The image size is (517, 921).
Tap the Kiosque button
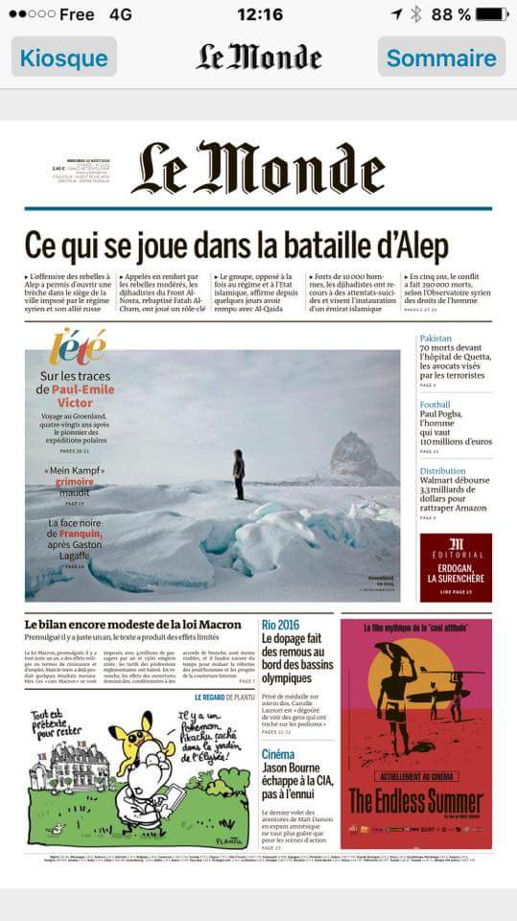point(63,58)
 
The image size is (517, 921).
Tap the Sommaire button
point(441,58)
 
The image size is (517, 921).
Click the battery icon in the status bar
point(492,14)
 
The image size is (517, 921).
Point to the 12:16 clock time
point(259,14)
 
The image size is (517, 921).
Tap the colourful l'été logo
point(77,346)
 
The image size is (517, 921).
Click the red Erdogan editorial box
point(456,567)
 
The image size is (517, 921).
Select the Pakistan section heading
point(435,339)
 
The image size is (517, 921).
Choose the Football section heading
point(435,405)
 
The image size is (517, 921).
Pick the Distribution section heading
point(442,471)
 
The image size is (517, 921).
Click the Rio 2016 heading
point(280,625)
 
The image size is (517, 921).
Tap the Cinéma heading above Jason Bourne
point(278,754)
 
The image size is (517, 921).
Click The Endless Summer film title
point(415,800)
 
